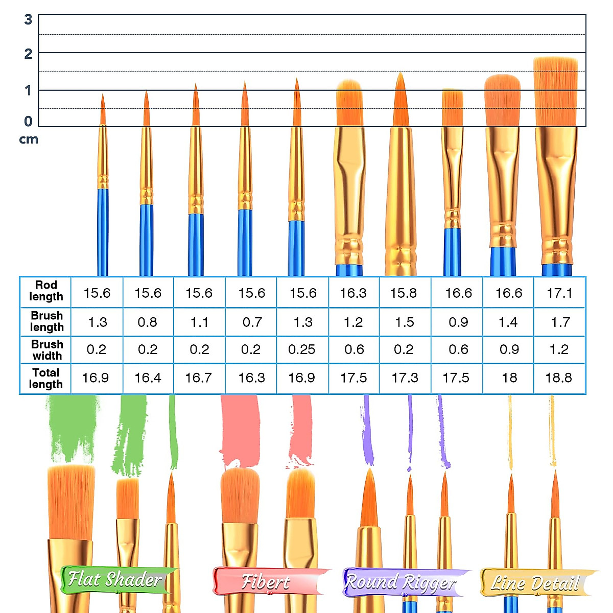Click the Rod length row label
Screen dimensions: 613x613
46,291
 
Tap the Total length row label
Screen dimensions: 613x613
46,379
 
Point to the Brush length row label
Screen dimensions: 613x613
46,321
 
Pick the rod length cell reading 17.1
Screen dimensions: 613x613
559,293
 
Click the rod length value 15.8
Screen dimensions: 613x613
404,293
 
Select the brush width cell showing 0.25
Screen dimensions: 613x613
302,349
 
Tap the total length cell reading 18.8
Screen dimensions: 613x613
559,378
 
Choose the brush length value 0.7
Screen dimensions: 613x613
252,322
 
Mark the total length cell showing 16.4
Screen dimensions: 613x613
148,378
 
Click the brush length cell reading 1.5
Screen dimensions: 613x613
405,322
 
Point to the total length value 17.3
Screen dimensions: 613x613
405,378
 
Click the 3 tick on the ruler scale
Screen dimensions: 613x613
28,19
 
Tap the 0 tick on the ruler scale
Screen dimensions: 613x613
28,121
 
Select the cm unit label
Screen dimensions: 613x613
29,139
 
